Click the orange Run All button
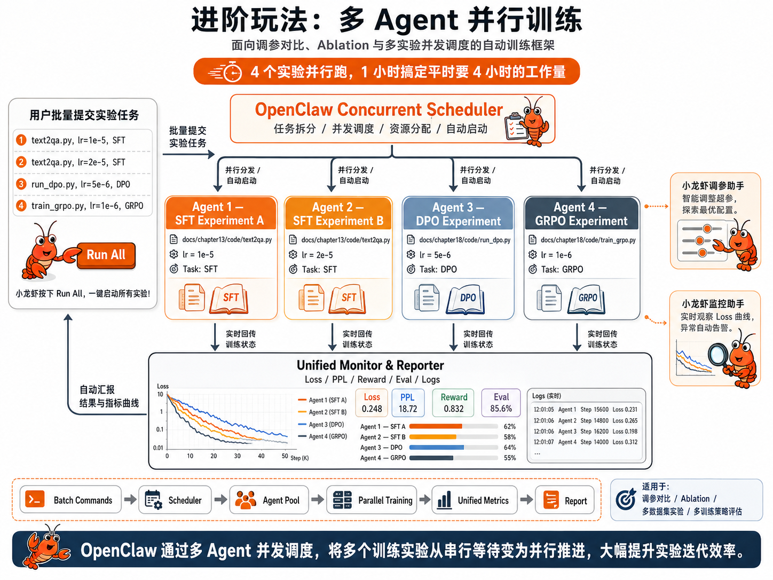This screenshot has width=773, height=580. point(106,255)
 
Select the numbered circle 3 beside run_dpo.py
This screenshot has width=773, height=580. point(21,184)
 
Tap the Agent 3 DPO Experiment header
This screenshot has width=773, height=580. point(458,214)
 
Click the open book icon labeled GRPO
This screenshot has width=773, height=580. point(586,299)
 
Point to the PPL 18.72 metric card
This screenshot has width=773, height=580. point(408,403)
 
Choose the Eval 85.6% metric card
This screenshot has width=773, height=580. point(501,403)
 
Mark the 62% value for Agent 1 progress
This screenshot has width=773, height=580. point(510,427)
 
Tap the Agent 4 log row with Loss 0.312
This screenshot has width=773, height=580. point(585,442)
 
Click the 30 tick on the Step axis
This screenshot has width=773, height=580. point(238,456)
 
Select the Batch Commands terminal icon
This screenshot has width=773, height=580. point(35,500)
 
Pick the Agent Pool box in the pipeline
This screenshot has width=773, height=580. point(269,500)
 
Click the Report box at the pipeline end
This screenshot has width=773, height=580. point(564,500)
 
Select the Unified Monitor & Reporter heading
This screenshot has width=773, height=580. point(370,365)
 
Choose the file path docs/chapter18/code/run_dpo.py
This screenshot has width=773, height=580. point(464,240)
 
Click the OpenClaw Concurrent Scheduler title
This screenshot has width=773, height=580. point(378,110)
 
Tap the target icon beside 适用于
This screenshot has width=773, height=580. point(626,500)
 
